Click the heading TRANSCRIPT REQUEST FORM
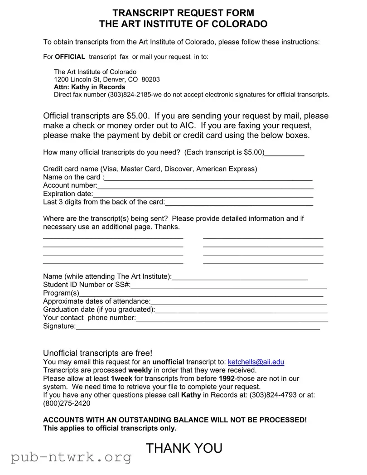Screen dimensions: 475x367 point(183,13)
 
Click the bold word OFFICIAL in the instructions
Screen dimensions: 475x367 point(70,57)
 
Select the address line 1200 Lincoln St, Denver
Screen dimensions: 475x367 point(106,79)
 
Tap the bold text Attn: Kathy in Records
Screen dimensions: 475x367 point(89,87)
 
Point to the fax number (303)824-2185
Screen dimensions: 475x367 point(130,95)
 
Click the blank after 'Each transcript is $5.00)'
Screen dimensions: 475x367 point(284,153)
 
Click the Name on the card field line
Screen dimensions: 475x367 point(208,178)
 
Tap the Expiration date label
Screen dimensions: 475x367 point(68,194)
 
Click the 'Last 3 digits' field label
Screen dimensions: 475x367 point(104,202)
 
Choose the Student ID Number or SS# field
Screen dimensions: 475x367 point(229,286)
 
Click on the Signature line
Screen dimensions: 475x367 point(198,327)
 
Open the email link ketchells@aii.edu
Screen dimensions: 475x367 point(256,362)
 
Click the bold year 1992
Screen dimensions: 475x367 point(227,378)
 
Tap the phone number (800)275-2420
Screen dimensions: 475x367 point(67,403)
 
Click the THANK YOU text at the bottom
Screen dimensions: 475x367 point(184,448)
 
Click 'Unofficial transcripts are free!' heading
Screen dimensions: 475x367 point(98,353)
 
